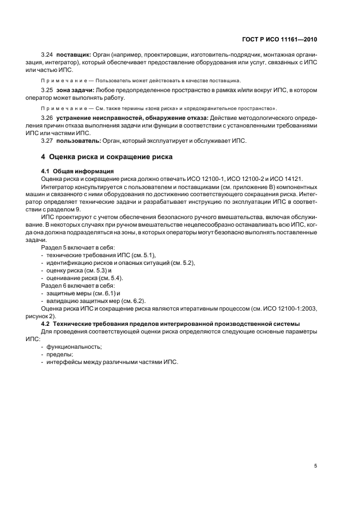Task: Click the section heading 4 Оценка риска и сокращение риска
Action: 107,157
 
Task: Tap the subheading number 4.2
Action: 46,324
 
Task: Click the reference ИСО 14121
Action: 287,179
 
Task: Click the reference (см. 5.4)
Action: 111,278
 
